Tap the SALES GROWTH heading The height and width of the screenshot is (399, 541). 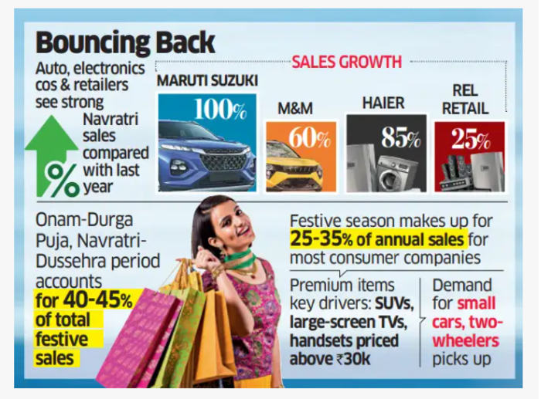pyautogui.click(x=346, y=62)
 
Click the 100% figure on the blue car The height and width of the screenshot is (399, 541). pyautogui.click(x=220, y=109)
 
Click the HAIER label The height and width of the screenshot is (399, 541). pyautogui.click(x=384, y=102)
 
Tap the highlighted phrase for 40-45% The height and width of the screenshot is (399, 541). pyautogui.click(x=83, y=299)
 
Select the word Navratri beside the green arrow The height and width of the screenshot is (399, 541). pyautogui.click(x=109, y=117)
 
